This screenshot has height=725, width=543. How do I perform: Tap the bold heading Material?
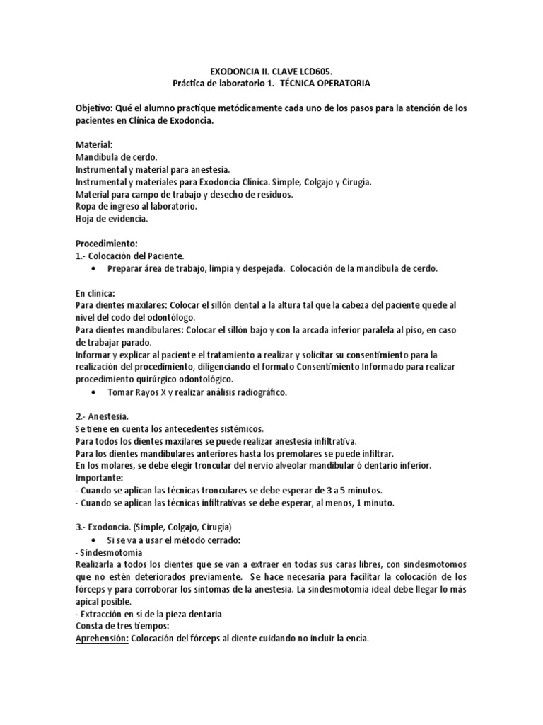pyautogui.click(x=93, y=144)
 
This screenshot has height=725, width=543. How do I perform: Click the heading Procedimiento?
pyautogui.click(x=105, y=243)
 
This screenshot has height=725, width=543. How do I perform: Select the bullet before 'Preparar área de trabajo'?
pyautogui.click(x=94, y=268)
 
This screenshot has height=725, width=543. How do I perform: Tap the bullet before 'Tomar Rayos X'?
pyautogui.click(x=94, y=392)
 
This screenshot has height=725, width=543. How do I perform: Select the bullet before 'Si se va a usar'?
pyautogui.click(x=94, y=540)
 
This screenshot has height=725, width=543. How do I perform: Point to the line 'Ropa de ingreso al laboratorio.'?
pyautogui.click(x=136, y=206)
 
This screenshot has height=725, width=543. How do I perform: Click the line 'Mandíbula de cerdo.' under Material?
pyautogui.click(x=115, y=156)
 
